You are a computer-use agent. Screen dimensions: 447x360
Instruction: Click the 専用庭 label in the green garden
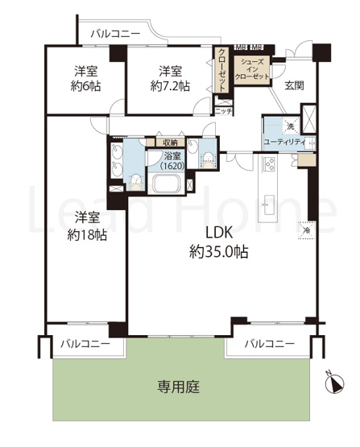pos(179,387)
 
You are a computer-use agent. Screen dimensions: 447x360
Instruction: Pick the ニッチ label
pos(224,111)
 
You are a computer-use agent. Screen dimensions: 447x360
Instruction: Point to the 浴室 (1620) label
pos(172,160)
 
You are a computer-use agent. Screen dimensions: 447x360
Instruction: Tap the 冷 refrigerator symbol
pos(306,229)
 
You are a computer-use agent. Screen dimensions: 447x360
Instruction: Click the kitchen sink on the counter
pos(269,204)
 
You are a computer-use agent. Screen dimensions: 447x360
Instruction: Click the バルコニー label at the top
pos(115,34)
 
